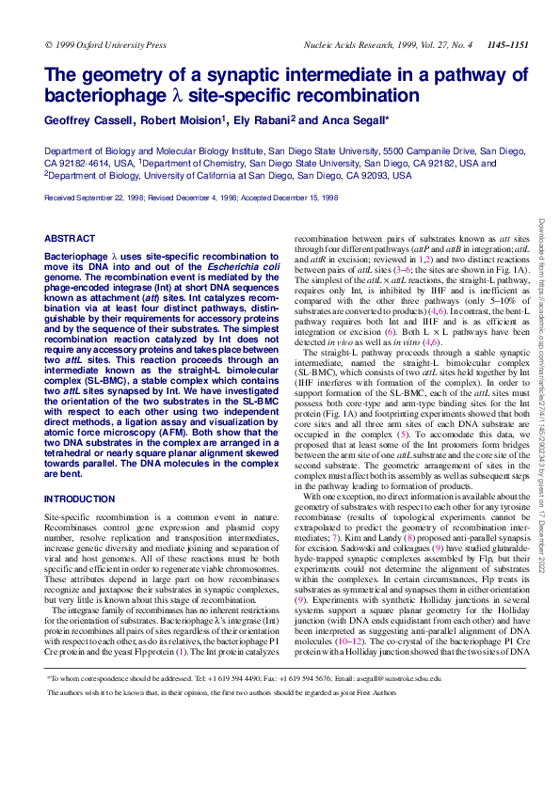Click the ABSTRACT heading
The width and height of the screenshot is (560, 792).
click(71, 240)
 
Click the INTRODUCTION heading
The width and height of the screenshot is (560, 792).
click(80, 499)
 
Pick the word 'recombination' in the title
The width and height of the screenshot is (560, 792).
click(357, 95)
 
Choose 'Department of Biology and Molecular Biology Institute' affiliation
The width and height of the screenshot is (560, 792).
click(155, 150)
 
